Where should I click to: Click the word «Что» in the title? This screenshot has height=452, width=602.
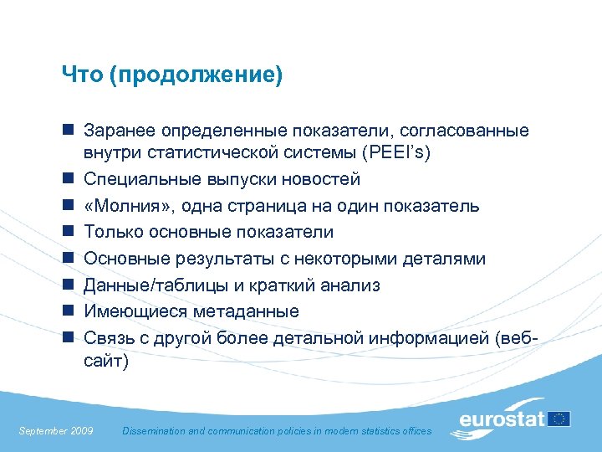pyautogui.click(x=79, y=76)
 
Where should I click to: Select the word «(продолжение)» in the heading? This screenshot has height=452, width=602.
pyautogui.click(x=194, y=76)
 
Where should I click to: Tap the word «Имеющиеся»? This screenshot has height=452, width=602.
pyautogui.click(x=125, y=311)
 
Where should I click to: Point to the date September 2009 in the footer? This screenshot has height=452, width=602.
pyautogui.click(x=55, y=430)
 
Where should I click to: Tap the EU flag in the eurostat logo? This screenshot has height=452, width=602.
pyautogui.click(x=559, y=418)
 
